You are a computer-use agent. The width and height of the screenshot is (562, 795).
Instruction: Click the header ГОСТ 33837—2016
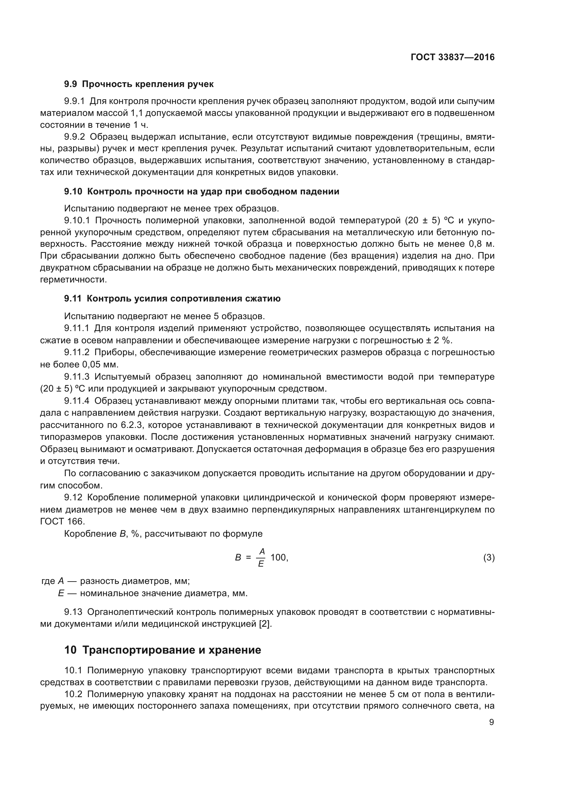pyautogui.click(x=452, y=57)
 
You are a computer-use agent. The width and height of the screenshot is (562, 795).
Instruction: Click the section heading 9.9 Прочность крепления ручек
pyautogui.click(x=139, y=84)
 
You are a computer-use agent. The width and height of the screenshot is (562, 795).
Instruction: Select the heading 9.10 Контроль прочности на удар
pyautogui.click(x=201, y=191)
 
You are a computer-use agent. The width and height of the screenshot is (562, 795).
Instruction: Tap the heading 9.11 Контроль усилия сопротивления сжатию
pyautogui.click(x=172, y=298)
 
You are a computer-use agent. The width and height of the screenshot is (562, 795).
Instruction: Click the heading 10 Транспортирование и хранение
pyautogui.click(x=163, y=650)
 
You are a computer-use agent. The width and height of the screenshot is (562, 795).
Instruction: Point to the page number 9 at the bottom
pyautogui.click(x=491, y=722)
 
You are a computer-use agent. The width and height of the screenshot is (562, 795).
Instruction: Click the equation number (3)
pyautogui.click(x=489, y=557)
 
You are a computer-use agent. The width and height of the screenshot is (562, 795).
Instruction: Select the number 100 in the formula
pyautogui.click(x=278, y=557)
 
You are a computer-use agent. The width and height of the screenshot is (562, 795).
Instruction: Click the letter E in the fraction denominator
pyautogui.click(x=261, y=564)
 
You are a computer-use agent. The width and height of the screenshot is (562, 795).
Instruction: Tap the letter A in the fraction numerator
pyautogui.click(x=262, y=551)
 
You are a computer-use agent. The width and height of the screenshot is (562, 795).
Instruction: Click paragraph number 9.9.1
pyautogui.click(x=74, y=101)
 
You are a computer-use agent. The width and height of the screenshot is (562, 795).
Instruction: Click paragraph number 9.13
pyautogui.click(x=73, y=612)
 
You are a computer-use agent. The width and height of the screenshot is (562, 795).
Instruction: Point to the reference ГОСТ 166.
pyautogui.click(x=62, y=521)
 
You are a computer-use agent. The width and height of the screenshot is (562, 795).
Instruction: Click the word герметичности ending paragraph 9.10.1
pyautogui.click(x=73, y=280)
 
